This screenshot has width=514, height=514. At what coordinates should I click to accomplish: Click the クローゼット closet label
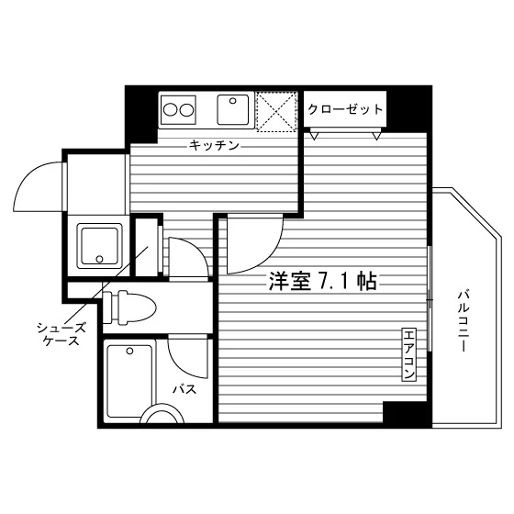[345, 109]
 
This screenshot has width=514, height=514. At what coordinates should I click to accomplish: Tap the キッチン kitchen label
[214, 145]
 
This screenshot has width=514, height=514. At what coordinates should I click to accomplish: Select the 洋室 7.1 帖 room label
[323, 281]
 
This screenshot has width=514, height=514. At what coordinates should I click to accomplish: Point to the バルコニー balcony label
[464, 320]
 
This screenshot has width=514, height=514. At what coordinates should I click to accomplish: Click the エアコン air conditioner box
[409, 354]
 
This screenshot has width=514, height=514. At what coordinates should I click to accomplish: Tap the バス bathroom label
[184, 389]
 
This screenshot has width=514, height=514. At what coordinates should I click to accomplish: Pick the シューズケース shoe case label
[61, 334]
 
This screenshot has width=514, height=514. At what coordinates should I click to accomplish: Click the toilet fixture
[129, 307]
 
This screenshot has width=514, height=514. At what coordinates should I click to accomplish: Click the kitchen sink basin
[233, 110]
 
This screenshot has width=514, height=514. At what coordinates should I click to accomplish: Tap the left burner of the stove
[171, 110]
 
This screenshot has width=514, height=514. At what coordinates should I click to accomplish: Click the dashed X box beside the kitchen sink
[276, 111]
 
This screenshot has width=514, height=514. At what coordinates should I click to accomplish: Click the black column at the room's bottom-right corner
[407, 414]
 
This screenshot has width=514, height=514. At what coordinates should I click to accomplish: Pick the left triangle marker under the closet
[314, 136]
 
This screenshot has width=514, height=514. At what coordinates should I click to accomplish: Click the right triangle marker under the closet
[377, 136]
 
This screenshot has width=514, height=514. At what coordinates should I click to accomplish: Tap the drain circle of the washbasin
[99, 259]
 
